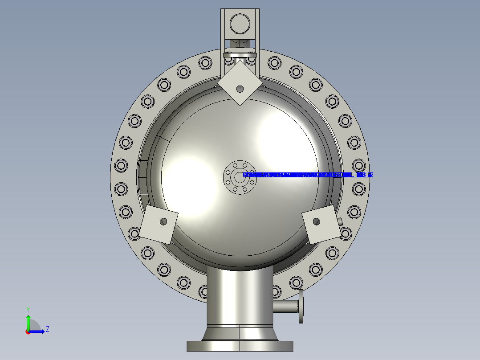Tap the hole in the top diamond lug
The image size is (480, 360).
pyautogui.click(x=240, y=89)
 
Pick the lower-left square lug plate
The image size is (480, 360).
pyautogui.click(x=159, y=225)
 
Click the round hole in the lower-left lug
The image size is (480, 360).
pyautogui.click(x=163, y=221)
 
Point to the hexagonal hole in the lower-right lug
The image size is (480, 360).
pyautogui.click(x=317, y=221)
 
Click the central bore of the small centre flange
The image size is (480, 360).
pyautogui.click(x=240, y=175)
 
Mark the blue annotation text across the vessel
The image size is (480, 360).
pyautogui.click(x=307, y=175)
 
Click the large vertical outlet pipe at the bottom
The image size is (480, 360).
pyautogui.click(x=240, y=296)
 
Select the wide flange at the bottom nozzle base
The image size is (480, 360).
pyautogui.click(x=240, y=346)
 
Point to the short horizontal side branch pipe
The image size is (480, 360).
pyautogui.click(x=285, y=306)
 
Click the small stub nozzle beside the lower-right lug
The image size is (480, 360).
pyautogui.click(x=340, y=221)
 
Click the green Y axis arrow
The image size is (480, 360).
pyautogui.click(x=28, y=320)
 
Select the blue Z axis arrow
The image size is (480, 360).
pyautogui.click(x=38, y=331)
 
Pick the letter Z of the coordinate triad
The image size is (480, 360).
pyautogui.click(x=47, y=329)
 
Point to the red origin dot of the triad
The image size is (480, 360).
pyautogui.click(x=28, y=331)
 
